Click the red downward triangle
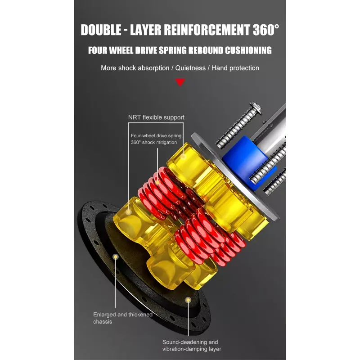tap(180, 82)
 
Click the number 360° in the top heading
tap(266, 30)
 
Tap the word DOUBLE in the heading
tap(101, 30)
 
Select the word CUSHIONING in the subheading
tap(248, 50)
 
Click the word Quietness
tap(190, 68)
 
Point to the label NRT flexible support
tap(156, 117)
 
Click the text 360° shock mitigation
tap(154, 142)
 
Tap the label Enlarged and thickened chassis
tap(123, 318)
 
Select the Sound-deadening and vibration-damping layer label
tap(192, 346)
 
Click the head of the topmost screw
tap(256, 108)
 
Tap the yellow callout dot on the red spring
tap(157, 183)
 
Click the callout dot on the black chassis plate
tap(116, 256)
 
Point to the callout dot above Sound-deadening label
tap(188, 300)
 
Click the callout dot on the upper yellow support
tap(183, 156)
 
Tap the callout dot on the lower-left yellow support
tap(129, 212)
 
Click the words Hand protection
tap(235, 68)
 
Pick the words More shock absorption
tap(135, 68)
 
